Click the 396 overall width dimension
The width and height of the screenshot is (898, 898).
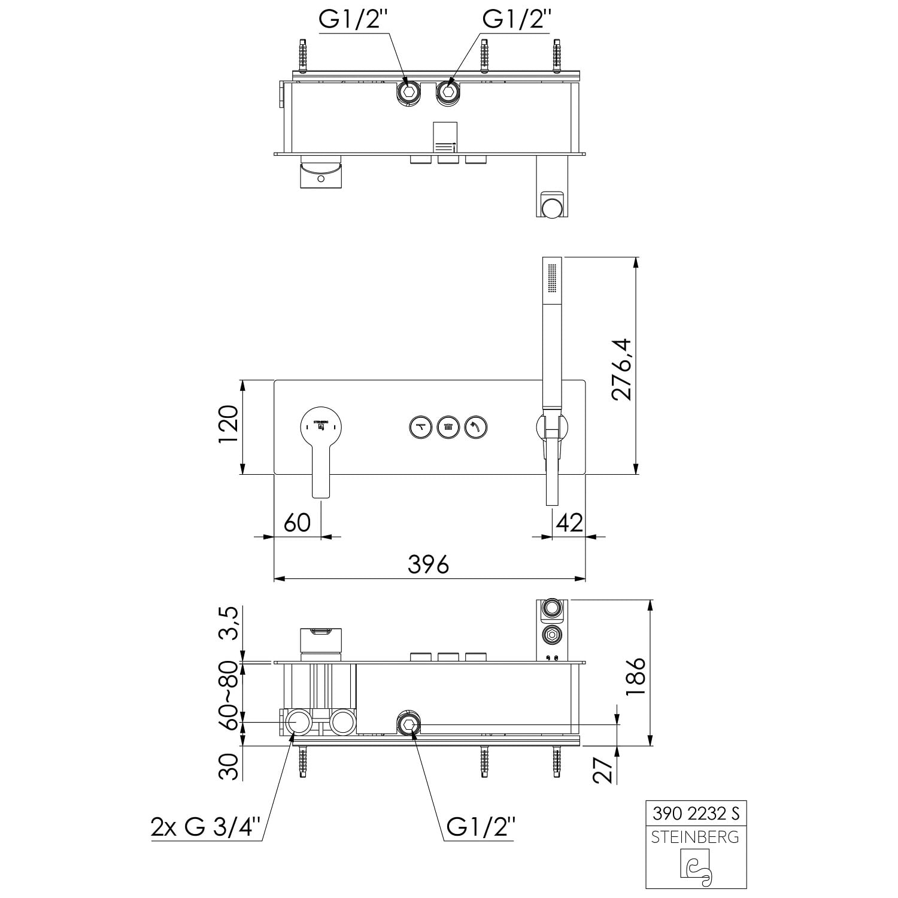(x=428, y=564)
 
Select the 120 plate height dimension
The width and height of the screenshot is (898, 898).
(x=228, y=424)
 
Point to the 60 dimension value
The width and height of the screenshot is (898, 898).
(x=297, y=522)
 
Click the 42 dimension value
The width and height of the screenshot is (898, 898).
(x=569, y=522)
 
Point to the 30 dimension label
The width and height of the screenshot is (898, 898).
(x=228, y=766)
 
